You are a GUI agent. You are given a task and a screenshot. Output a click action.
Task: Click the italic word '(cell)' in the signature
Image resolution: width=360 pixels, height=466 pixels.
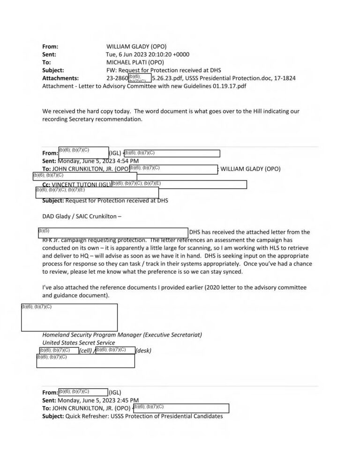87,351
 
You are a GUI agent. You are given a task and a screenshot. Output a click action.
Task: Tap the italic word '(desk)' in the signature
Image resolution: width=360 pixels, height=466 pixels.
143,351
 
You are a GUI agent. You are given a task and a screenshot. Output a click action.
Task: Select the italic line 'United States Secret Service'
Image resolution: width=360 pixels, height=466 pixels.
78,343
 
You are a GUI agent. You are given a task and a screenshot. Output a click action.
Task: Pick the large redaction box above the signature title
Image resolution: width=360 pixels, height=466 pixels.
69,317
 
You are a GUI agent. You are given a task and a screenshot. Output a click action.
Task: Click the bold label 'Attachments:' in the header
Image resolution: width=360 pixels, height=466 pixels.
60,78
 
